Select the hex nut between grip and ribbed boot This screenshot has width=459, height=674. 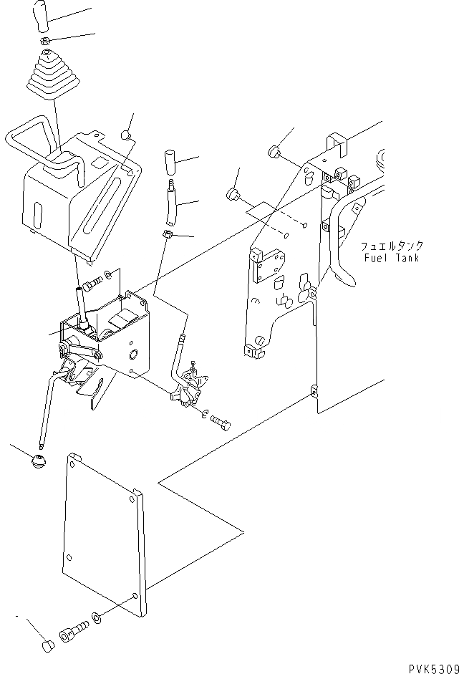43,42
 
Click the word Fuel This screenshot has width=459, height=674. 377,258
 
